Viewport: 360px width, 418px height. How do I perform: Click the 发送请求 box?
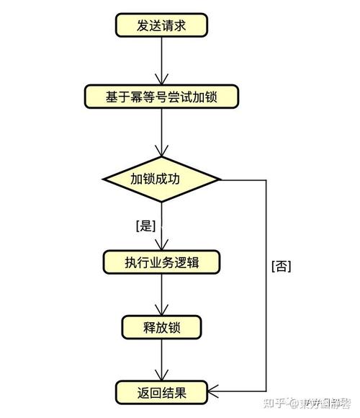[x=161, y=25]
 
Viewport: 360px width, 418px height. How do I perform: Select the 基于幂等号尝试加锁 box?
[x=161, y=97]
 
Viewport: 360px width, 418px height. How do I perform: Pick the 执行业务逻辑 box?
[x=161, y=262]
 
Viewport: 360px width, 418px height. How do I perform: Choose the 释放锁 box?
[x=161, y=327]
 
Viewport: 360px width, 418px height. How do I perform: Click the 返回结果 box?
[x=161, y=393]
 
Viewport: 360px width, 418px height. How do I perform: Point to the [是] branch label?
[x=145, y=226]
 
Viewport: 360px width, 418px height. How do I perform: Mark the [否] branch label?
[x=281, y=265]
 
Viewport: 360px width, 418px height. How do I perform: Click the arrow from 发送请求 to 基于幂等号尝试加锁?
[x=161, y=61]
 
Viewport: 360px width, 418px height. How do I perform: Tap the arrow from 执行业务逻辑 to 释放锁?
[x=161, y=294]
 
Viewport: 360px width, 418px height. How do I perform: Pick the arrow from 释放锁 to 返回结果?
[x=161, y=360]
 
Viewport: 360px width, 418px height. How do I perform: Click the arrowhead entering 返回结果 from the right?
[x=213, y=393]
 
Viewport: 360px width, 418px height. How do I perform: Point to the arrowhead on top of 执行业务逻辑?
[x=161, y=245]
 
